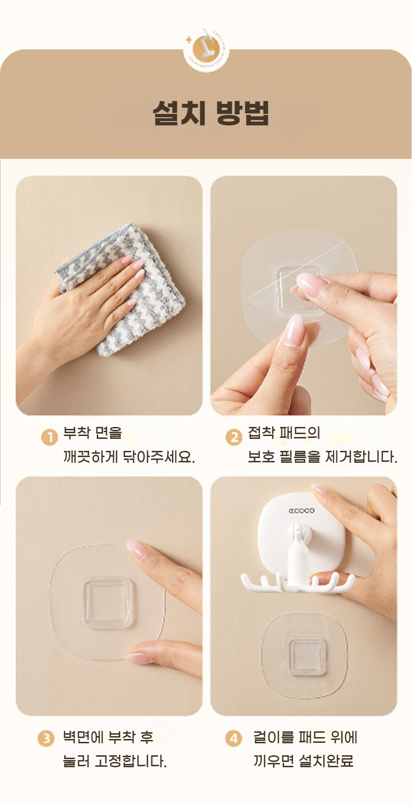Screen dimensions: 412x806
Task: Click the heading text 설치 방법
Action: pyautogui.click(x=211, y=112)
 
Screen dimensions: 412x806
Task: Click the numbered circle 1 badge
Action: pyautogui.click(x=50, y=437)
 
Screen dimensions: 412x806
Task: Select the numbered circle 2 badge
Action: pyautogui.click(x=234, y=437)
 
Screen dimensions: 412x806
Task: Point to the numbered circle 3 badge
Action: pyautogui.click(x=46, y=739)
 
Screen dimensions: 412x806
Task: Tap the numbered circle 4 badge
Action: pyautogui.click(x=234, y=739)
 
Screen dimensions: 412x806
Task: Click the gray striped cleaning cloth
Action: pyautogui.click(x=123, y=288)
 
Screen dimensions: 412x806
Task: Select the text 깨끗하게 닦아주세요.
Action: pyautogui.click(x=129, y=457)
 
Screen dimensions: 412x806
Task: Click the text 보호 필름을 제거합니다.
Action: pyautogui.click(x=322, y=457)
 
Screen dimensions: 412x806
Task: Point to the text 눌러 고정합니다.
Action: pyautogui.click(x=114, y=761)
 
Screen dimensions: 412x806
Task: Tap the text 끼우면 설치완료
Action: pyautogui.click(x=303, y=761)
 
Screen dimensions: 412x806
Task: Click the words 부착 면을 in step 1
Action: pyautogui.click(x=93, y=433)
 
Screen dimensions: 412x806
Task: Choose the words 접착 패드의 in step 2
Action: pyautogui.click(x=284, y=433)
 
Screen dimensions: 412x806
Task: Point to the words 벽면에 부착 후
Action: pyautogui.click(x=108, y=737)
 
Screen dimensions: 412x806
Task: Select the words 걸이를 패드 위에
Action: pyautogui.click(x=305, y=737)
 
